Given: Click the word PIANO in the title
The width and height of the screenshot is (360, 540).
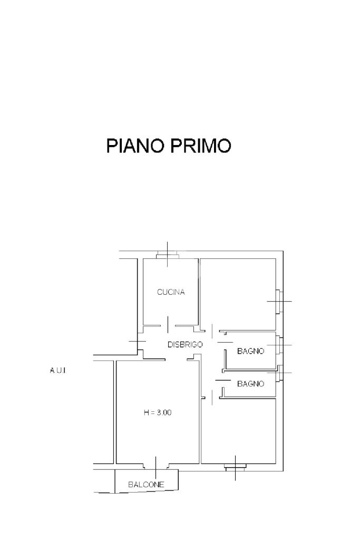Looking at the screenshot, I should pyautogui.click(x=135, y=146).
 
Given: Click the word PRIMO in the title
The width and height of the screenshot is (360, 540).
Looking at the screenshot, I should pyautogui.click(x=200, y=146).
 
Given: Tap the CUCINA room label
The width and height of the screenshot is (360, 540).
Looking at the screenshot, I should pyautogui.click(x=171, y=292).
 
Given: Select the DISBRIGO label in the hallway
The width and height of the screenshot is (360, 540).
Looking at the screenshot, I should pyautogui.click(x=185, y=344).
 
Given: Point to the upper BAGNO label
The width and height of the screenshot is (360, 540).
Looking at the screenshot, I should pyautogui.click(x=250, y=351).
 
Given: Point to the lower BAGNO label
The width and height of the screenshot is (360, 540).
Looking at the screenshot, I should pyautogui.click(x=250, y=384).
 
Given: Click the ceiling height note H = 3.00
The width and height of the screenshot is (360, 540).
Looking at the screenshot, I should pyautogui.click(x=158, y=413).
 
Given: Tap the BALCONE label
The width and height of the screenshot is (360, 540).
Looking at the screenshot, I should pyautogui.click(x=147, y=484).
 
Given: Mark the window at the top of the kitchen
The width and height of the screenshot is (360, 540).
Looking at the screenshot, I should pyautogui.click(x=168, y=256).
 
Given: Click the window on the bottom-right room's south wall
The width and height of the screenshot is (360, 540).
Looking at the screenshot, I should pyautogui.click(x=235, y=467).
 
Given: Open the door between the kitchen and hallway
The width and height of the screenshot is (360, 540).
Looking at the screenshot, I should pyautogui.click(x=168, y=325).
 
